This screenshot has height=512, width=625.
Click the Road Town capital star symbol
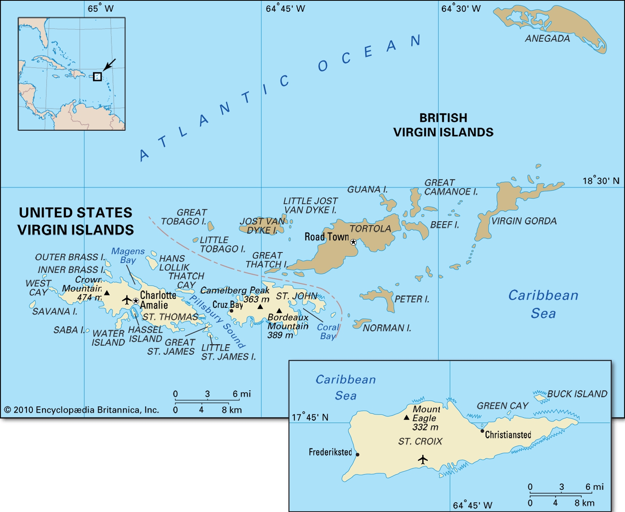pos(353,242)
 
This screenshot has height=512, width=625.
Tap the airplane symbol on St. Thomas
pos(127,300)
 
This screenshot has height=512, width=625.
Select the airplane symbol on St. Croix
pos(423,459)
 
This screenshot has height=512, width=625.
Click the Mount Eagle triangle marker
pos(407,418)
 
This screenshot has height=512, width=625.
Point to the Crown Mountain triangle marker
pos(107,293)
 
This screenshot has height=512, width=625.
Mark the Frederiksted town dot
pos(357,455)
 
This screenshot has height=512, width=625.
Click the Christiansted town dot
pos(482,431)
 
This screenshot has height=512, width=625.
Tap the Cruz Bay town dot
pos(231,311)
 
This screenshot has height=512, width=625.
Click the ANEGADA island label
pos(547,39)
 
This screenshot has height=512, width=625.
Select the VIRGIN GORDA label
pos(524,221)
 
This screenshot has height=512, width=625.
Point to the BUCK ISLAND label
pos(577,394)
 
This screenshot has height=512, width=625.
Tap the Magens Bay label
pos(128,256)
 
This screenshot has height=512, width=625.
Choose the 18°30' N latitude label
pos(601,181)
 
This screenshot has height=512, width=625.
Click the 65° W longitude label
pos(100,9)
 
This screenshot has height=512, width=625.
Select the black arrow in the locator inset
pos(109,65)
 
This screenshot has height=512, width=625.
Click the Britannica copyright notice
pos(81,410)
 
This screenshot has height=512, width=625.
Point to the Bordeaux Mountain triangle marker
pos(279,311)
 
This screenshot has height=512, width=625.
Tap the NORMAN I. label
pos(387,328)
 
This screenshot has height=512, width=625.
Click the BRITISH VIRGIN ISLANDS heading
pos(443,125)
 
